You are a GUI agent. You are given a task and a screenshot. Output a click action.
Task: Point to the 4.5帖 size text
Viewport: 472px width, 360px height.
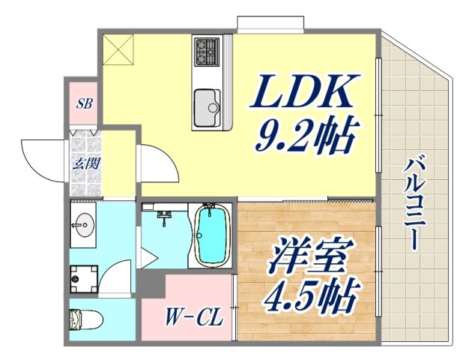308,295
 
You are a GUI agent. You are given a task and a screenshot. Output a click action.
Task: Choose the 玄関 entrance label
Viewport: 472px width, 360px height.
82,162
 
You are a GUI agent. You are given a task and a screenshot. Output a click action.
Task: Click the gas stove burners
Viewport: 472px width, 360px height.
205,52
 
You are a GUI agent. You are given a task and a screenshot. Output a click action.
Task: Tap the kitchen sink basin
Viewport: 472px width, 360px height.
206,106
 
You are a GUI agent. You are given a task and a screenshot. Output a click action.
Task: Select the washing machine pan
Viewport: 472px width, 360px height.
83,280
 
